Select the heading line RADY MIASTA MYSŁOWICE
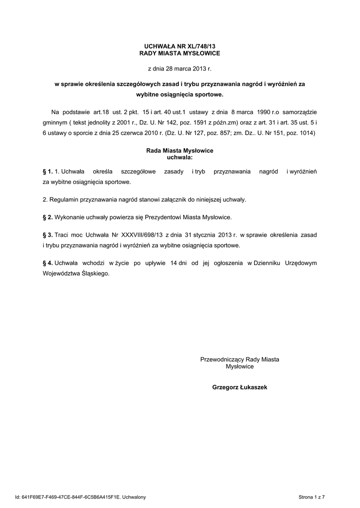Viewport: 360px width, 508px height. (x=180, y=53)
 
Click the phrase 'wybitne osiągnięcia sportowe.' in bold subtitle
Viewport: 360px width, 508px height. (x=180, y=94)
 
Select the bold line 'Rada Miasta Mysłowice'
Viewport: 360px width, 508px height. (x=180, y=150)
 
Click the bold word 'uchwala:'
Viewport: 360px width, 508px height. (x=180, y=157)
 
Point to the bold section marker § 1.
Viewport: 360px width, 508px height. (x=48, y=171)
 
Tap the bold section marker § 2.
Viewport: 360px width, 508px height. (x=48, y=217)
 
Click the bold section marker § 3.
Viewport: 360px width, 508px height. (x=48, y=235)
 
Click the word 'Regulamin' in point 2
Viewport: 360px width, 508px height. (x=63, y=199)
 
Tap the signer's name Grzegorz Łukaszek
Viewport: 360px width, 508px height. (x=239, y=387)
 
